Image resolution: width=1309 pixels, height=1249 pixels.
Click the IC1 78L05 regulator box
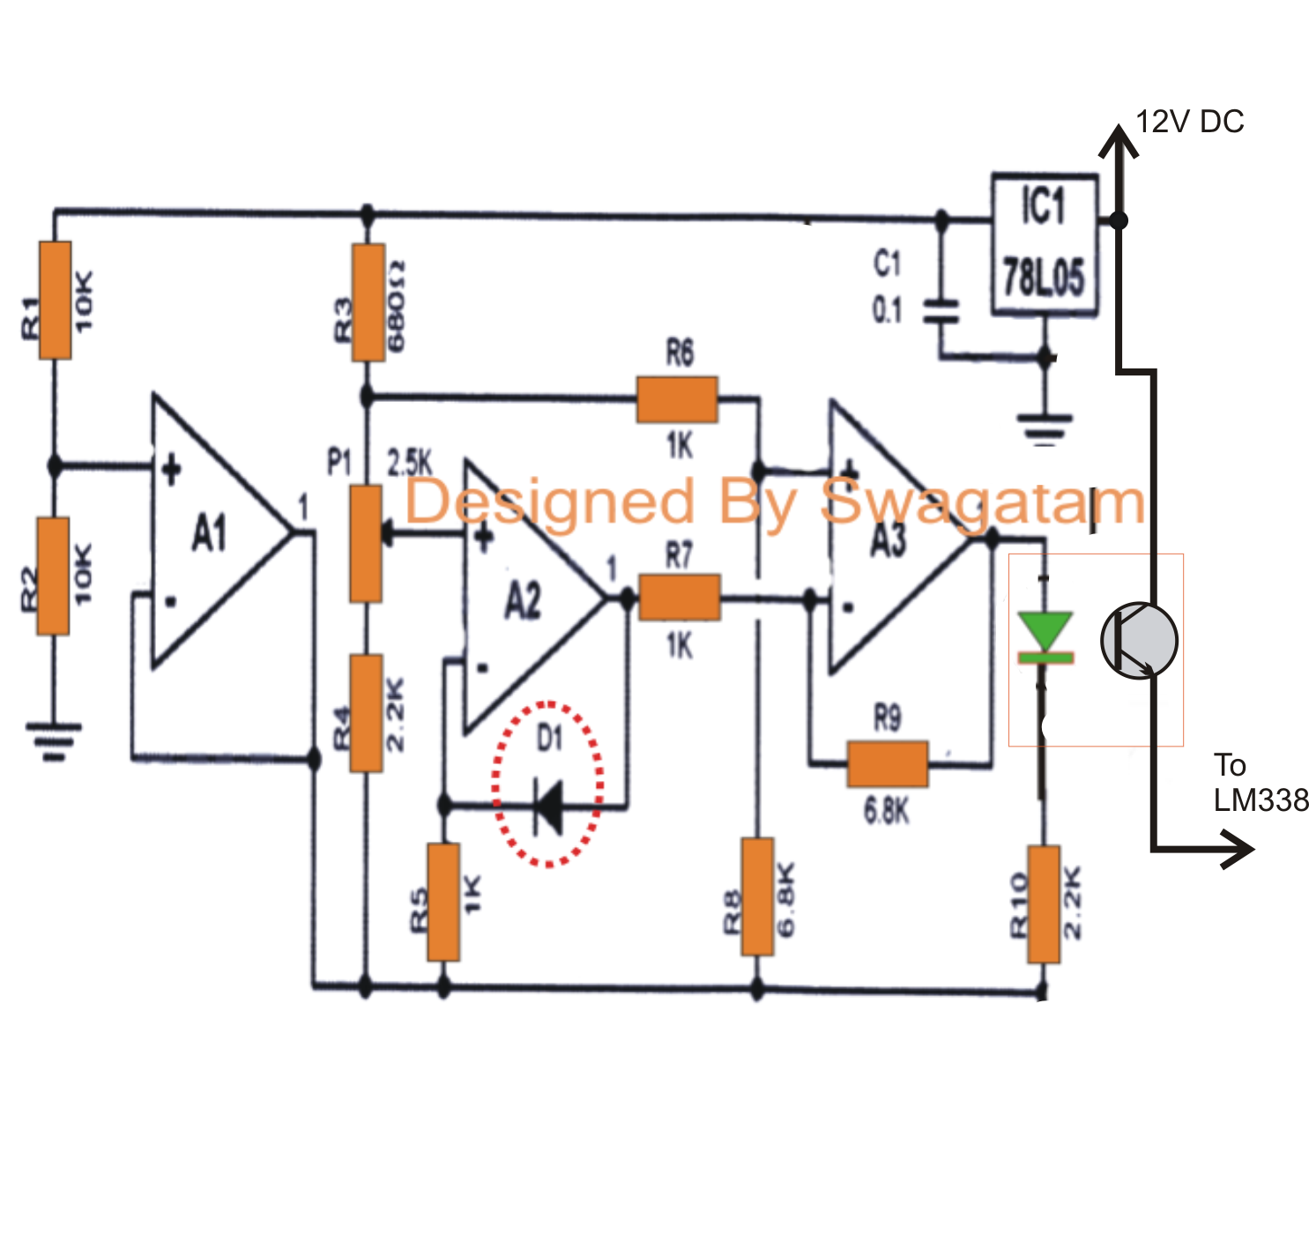pos(1045,244)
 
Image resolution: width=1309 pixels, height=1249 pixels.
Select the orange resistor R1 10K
pos(55,301)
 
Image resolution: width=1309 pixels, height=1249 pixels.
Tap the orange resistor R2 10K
pos(53,576)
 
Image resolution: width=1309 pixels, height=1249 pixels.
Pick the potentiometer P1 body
pos(366,543)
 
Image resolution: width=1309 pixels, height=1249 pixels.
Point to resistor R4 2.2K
pos(367,713)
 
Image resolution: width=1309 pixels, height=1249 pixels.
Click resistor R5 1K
pos(443,902)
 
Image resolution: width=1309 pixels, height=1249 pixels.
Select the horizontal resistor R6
pos(677,400)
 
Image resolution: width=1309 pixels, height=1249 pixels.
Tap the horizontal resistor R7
pos(680,598)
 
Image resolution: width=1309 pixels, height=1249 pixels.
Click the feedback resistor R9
pos(888,763)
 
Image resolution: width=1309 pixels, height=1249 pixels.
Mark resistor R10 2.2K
pos(1044,904)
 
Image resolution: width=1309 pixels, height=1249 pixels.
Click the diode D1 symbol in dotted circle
pos(548,805)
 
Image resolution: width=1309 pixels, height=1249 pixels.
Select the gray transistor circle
pos(1139,641)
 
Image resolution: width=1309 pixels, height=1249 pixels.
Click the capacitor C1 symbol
pos(941,311)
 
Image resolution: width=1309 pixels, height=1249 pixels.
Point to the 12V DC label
pos(1189,122)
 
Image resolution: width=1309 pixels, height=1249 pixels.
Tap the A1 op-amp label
pos(210,533)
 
